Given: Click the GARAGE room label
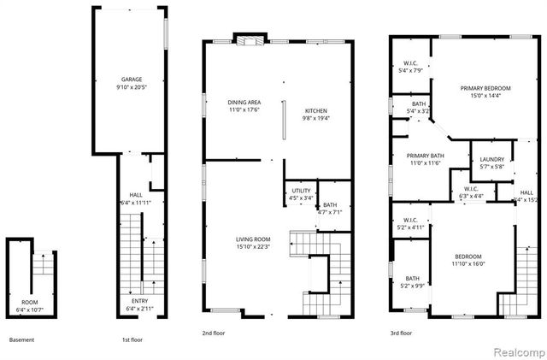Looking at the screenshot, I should coord(131,80).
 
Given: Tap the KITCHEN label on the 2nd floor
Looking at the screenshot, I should coord(317,110).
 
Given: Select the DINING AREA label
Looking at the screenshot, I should coord(244,102).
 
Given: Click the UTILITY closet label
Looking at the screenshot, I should coord(300,192).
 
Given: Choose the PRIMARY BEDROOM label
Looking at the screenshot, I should coord(485,89).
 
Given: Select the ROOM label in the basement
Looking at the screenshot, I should coord(29,301).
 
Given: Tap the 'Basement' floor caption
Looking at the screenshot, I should coord(22,339).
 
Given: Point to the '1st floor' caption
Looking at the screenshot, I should coord(132,339).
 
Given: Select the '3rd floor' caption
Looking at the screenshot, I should coord(400,333).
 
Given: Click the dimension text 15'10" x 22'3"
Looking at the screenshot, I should coord(253,247).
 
